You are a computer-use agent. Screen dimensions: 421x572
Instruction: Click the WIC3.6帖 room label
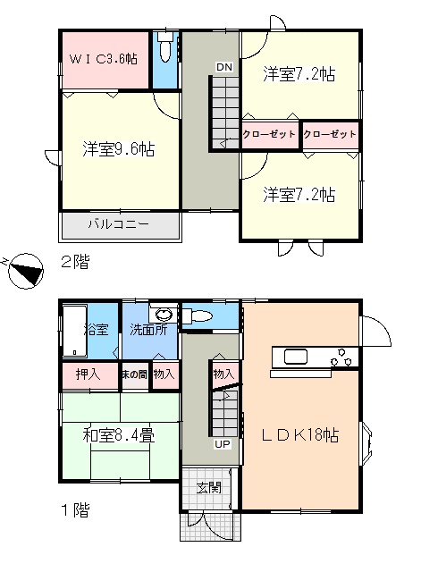coord(104,59)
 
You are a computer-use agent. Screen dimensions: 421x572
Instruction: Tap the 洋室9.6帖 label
coord(119,149)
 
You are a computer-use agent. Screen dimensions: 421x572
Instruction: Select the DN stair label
coord(224,67)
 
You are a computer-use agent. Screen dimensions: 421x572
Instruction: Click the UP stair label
coord(223,444)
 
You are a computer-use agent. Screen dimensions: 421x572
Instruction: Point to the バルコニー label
coord(119,224)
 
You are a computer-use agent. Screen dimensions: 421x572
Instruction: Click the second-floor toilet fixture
coord(165,46)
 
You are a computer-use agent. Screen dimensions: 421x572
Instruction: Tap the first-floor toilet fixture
coord(197,315)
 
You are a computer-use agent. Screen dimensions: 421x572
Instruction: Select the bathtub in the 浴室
coord(75,331)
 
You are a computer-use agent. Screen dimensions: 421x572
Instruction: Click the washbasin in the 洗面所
coord(164,314)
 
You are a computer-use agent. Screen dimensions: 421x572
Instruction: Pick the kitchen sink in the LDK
coord(296,357)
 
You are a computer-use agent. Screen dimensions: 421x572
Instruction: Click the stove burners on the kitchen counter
coord(341,357)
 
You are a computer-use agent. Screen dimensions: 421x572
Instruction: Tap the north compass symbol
coord(26,272)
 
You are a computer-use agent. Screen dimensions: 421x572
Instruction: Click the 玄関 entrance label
coord(209,488)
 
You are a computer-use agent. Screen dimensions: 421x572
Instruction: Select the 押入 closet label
coord(88,374)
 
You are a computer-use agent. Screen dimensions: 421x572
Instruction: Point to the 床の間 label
coord(135,374)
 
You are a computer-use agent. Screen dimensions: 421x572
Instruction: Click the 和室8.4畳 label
coord(119,435)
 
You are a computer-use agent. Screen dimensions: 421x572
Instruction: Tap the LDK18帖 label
coord(300,435)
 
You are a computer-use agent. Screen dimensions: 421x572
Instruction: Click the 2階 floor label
coord(75,262)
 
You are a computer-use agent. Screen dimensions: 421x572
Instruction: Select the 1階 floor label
coord(75,510)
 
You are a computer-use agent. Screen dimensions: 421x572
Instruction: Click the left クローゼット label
coord(269,134)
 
